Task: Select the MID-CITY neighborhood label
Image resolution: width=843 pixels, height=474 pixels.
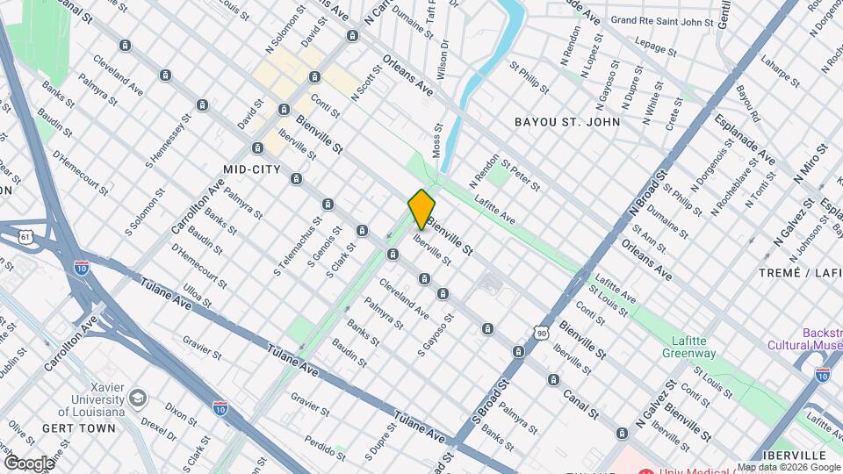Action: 252,169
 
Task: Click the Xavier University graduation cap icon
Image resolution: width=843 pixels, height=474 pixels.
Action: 138,399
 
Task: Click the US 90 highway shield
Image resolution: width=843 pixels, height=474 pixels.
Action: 541,333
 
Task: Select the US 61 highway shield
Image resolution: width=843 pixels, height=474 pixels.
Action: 25,236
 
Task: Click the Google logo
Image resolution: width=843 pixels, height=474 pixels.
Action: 29,463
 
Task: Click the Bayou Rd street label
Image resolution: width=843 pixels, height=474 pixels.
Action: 747,104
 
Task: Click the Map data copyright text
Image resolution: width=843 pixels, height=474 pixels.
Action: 788,467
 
